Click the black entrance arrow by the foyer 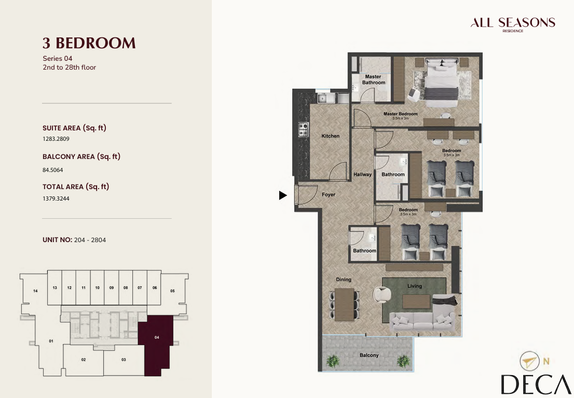pos(283,195)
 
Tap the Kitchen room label pos(330,136)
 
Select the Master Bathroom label pos(373,79)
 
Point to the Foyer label pos(329,195)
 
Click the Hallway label pos(362,175)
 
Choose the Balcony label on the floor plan pos(369,355)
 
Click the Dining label pos(344,279)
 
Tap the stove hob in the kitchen pos(304,129)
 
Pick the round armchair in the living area pos(382,294)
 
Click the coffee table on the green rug pos(416,301)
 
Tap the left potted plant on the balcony pos(333,361)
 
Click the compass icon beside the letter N pos(530,361)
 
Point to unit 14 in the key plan pos(35,291)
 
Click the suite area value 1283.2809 pos(56,139)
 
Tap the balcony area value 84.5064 pos(53,170)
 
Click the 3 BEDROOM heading pos(89,43)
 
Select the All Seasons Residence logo pos(513,24)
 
